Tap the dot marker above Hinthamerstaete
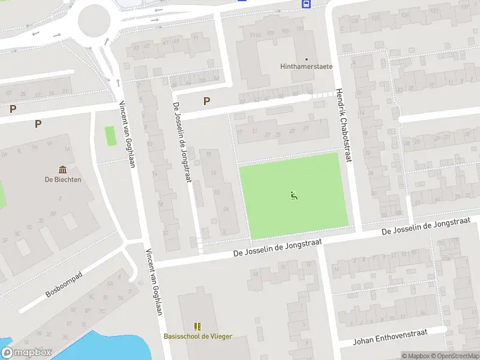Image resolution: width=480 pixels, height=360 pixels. pyautogui.click(x=307, y=59)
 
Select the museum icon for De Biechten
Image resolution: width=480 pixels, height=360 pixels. pyautogui.click(x=62, y=170)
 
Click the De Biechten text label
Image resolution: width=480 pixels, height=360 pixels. pyautogui.click(x=62, y=179)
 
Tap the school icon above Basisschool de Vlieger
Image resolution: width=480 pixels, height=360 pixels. pyautogui.click(x=197, y=326)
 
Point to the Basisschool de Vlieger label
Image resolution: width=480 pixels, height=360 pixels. pyautogui.click(x=197, y=337)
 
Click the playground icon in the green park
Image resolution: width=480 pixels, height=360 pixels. pyautogui.click(x=293, y=195)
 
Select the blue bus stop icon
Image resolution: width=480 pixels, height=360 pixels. pyautogui.click(x=305, y=4)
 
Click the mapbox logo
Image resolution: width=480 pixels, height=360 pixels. pyautogui.click(x=27, y=353)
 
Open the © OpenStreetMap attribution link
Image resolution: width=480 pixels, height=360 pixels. pyautogui.click(x=454, y=356)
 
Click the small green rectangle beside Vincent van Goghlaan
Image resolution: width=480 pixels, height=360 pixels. pyautogui.click(x=110, y=136)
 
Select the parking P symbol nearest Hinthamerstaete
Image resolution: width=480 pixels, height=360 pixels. pyautogui.click(x=207, y=101)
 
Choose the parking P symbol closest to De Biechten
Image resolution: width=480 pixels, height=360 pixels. pyautogui.click(x=38, y=124)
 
